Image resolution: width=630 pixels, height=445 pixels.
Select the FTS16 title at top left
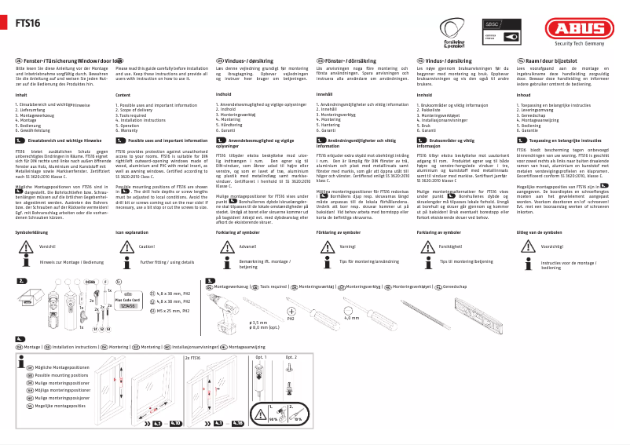pyautogui.click(x=28, y=24)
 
